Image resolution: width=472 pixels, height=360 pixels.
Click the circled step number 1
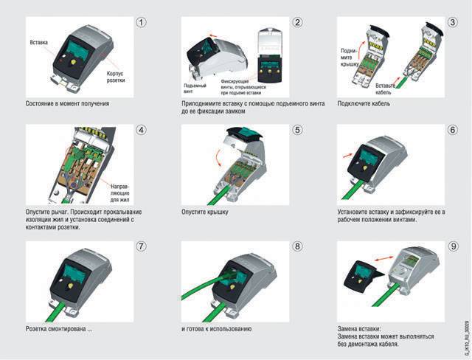click(141, 22)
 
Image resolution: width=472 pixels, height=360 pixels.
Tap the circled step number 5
click(297, 131)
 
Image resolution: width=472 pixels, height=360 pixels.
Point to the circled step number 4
click(141, 131)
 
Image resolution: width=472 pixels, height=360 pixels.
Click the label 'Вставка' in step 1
click(38, 43)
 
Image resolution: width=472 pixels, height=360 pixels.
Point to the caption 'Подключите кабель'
click(364, 103)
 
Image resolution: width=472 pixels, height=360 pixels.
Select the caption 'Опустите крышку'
click(204, 212)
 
